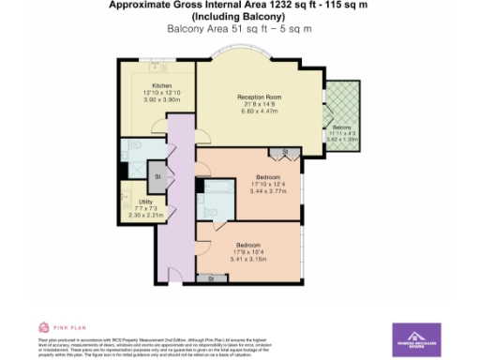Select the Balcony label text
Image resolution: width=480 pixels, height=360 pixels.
(341, 127)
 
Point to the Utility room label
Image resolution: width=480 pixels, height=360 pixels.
(146, 202)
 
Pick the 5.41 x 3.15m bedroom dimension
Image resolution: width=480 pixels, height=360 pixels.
(248, 255)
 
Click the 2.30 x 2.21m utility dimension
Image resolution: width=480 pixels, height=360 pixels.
(146, 215)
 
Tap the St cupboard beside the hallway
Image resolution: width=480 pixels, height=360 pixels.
(157, 175)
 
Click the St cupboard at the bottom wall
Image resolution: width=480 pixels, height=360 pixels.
(211, 278)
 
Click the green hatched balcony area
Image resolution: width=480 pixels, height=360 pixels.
(343, 103)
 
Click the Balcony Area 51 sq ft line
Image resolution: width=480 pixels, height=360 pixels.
(239, 29)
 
